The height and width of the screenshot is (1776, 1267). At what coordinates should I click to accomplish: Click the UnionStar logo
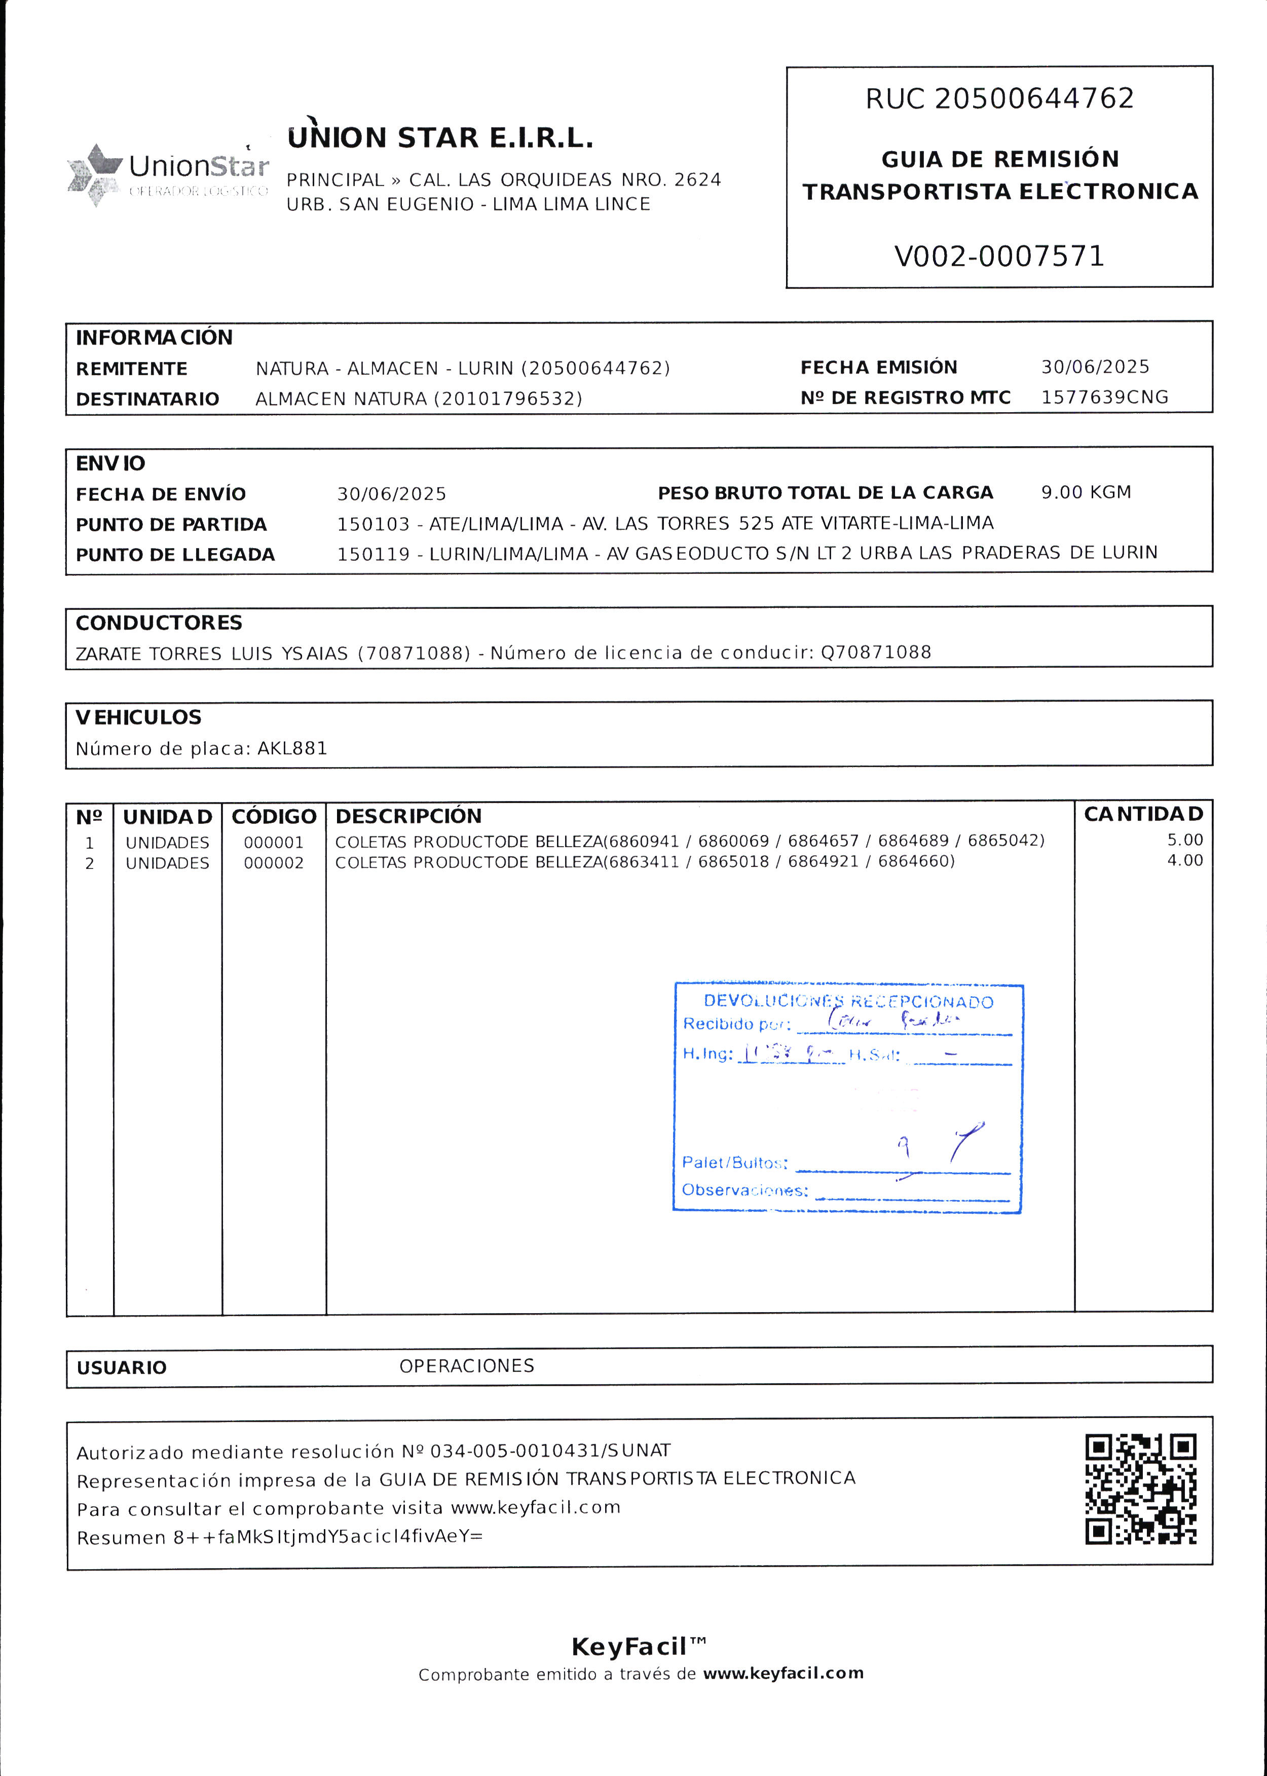click(168, 174)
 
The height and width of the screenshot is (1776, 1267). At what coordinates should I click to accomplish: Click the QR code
click(1141, 1490)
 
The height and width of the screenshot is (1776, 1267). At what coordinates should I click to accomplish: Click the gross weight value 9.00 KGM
click(1085, 492)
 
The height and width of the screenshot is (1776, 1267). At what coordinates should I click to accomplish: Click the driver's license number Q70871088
click(875, 653)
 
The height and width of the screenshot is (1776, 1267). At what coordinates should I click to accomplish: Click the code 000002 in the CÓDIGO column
click(273, 863)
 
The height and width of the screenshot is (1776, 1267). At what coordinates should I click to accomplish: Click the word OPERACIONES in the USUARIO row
click(467, 1365)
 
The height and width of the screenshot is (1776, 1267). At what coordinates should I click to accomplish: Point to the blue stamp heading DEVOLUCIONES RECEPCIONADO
click(848, 1002)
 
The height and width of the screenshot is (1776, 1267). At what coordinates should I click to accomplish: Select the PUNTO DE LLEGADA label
click(175, 555)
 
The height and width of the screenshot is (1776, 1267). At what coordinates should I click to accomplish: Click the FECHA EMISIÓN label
click(878, 368)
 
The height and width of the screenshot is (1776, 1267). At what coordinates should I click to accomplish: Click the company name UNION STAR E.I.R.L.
click(440, 138)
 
